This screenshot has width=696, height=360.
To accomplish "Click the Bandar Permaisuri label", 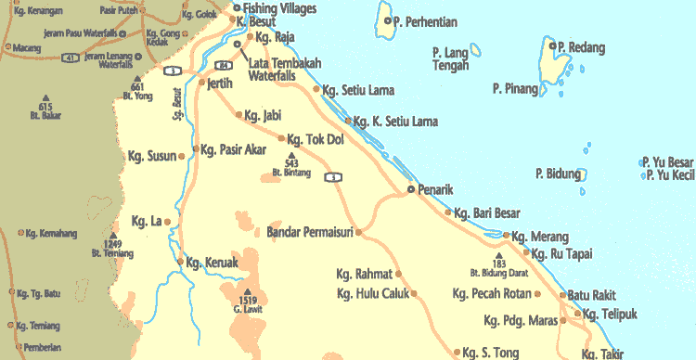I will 309,231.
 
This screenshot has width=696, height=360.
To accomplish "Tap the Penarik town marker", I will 412,189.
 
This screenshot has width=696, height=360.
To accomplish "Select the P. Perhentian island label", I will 427,20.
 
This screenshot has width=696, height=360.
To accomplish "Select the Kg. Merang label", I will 541,237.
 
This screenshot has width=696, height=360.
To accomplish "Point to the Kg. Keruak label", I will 213,263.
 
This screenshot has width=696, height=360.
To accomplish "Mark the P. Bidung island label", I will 558,173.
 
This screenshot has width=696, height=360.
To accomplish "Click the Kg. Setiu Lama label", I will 358,91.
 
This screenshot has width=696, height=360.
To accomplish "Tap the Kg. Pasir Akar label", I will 234,149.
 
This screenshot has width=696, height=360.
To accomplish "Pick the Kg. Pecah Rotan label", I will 492,294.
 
